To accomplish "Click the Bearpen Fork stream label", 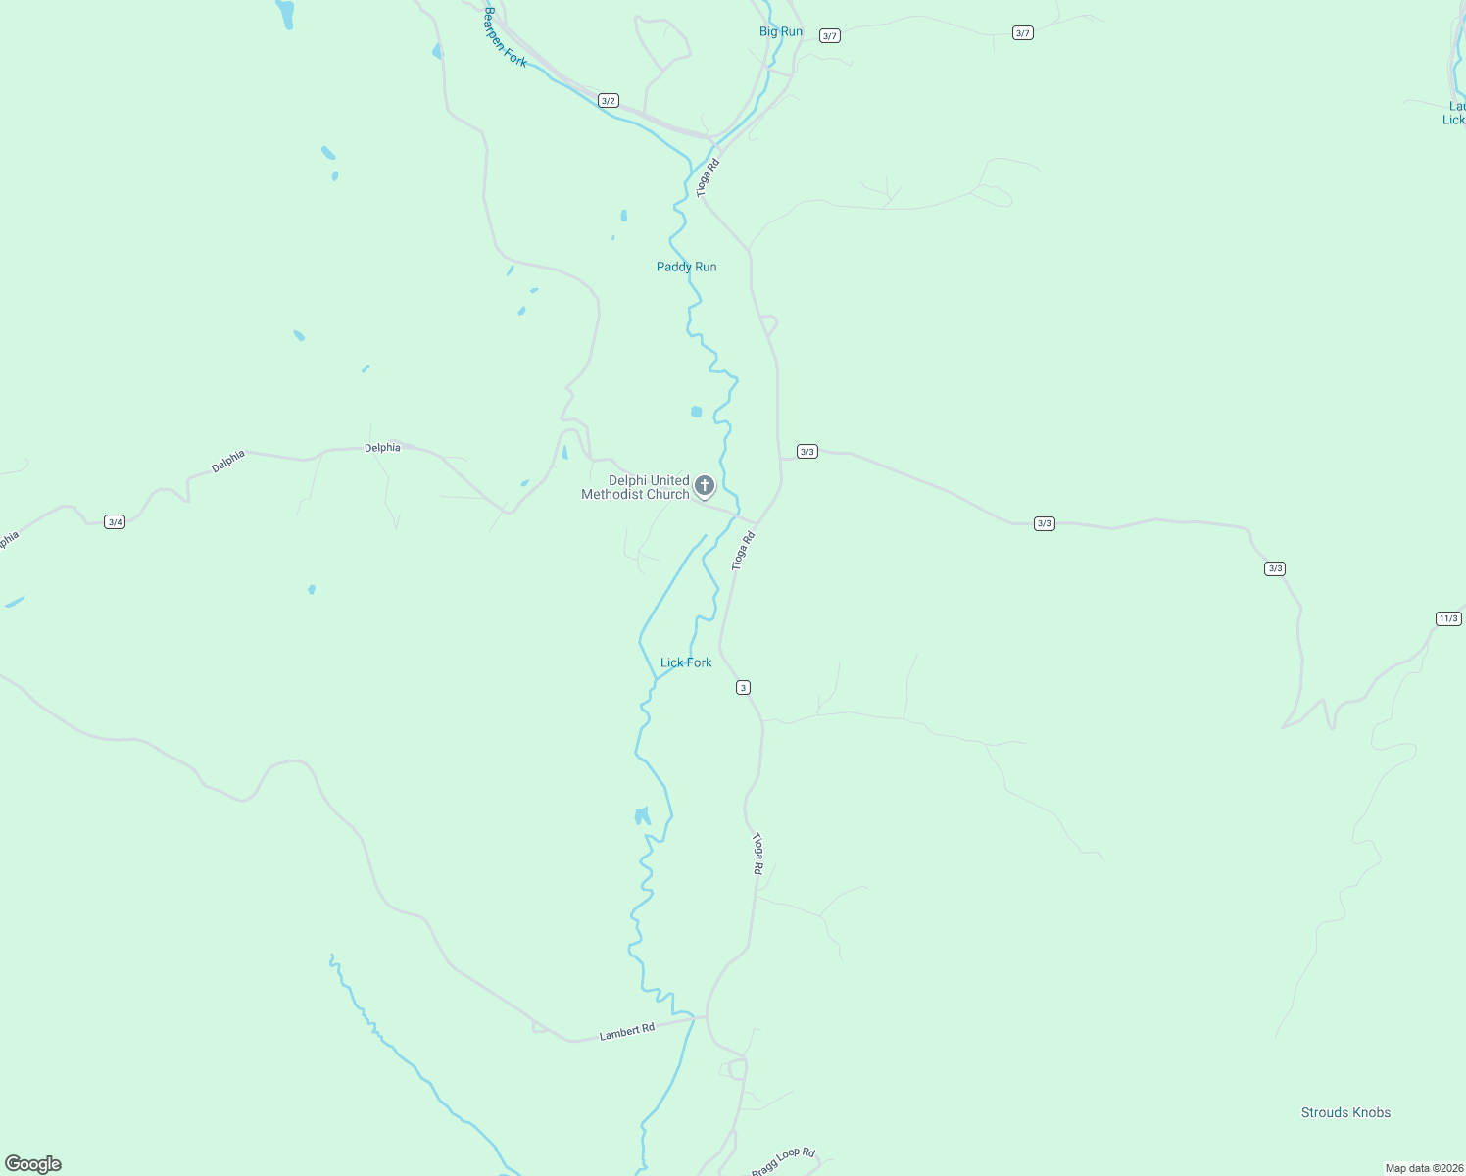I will pos(505,38).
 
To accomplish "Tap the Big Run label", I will pos(781,31).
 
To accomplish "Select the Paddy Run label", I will pos(686,267).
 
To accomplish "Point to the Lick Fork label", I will pos(686,662).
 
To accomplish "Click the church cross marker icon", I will pos(704,485).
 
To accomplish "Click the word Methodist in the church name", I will pos(612,495).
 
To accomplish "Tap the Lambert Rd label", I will pos(626,1032).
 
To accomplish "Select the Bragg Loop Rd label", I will pos(783,1161).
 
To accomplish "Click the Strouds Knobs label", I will pos(1345,1112).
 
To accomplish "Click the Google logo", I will pos(33,1164).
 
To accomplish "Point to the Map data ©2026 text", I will pos(1423,1168).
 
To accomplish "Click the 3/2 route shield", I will pos(609,101).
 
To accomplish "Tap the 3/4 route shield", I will pos(115,522).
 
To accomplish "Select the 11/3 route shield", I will pos(1448,618).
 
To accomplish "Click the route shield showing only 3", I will pos(744,688).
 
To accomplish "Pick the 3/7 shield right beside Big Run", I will pos(830,36).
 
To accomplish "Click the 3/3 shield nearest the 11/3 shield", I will pos(1275,568).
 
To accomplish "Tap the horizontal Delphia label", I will pos(382,448).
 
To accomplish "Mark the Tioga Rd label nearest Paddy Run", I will pos(708,178).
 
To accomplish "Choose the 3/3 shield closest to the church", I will pos(806,452).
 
